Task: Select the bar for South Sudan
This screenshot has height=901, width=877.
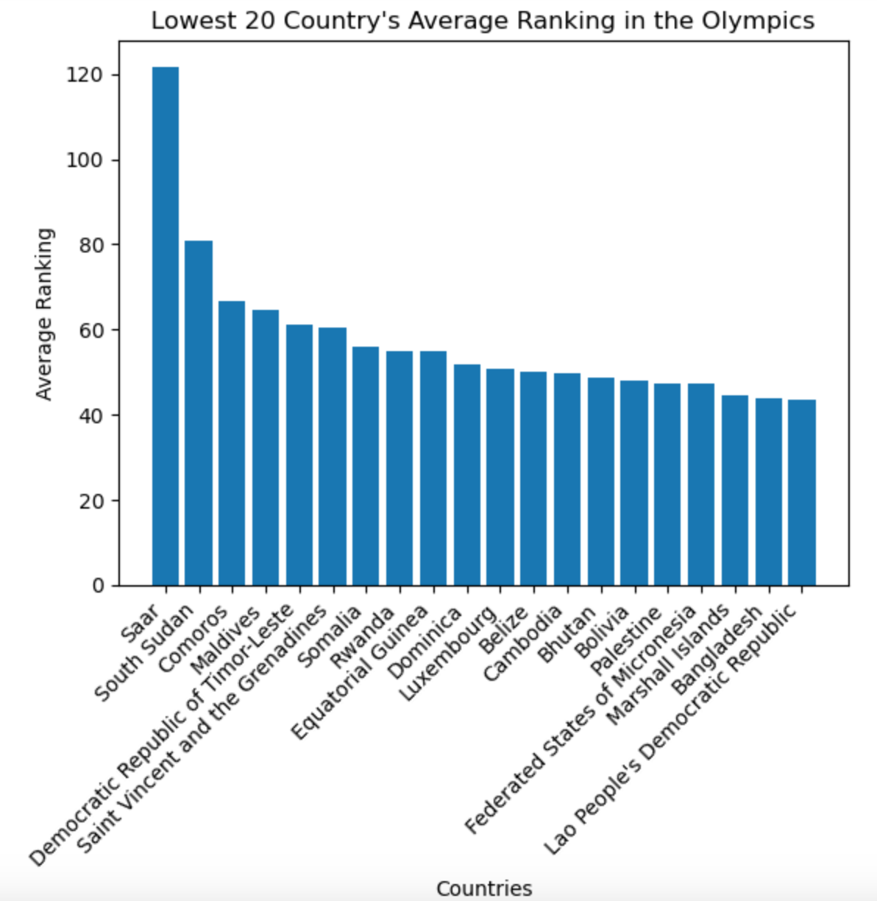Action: click(x=199, y=412)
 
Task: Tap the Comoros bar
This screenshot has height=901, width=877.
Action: click(x=232, y=442)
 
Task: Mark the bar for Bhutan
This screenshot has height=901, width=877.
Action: click(x=601, y=481)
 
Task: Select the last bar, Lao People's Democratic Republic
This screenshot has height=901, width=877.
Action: click(x=802, y=492)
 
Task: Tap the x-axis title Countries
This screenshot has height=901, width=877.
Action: click(x=483, y=888)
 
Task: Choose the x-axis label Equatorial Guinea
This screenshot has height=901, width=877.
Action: click(x=358, y=674)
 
